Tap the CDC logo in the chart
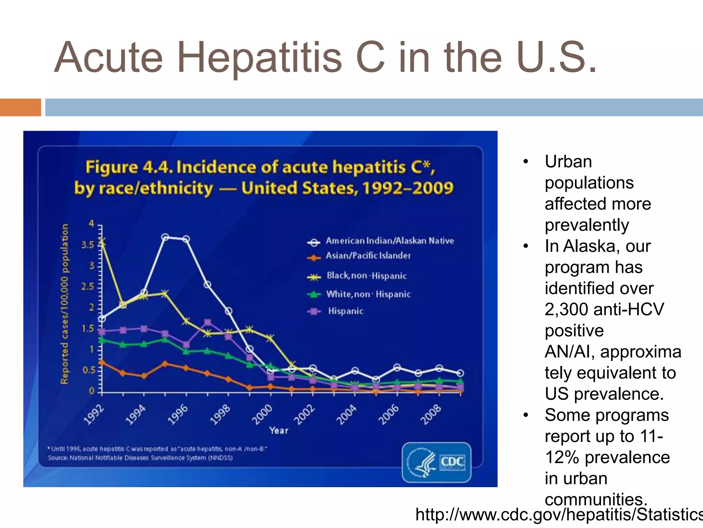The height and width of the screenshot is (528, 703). (436, 462)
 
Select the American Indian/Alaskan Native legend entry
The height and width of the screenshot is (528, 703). (389, 241)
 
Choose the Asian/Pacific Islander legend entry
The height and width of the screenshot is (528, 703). (368, 256)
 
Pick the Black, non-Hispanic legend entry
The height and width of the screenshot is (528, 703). (366, 276)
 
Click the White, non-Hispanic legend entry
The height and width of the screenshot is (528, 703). (368, 294)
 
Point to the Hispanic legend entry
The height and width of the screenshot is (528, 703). (345, 311)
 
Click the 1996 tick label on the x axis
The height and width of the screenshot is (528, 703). (178, 414)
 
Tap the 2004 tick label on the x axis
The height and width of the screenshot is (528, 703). (346, 414)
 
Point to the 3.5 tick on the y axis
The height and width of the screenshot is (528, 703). (88, 245)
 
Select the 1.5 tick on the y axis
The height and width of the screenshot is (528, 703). (88, 329)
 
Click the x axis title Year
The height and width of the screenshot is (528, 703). (278, 430)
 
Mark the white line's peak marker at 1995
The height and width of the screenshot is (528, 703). (165, 237)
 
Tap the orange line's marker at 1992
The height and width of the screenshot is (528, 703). (102, 362)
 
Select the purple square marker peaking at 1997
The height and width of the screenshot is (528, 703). (207, 322)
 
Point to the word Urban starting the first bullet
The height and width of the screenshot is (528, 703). (568, 162)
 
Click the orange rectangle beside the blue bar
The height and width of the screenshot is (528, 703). (20, 107)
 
